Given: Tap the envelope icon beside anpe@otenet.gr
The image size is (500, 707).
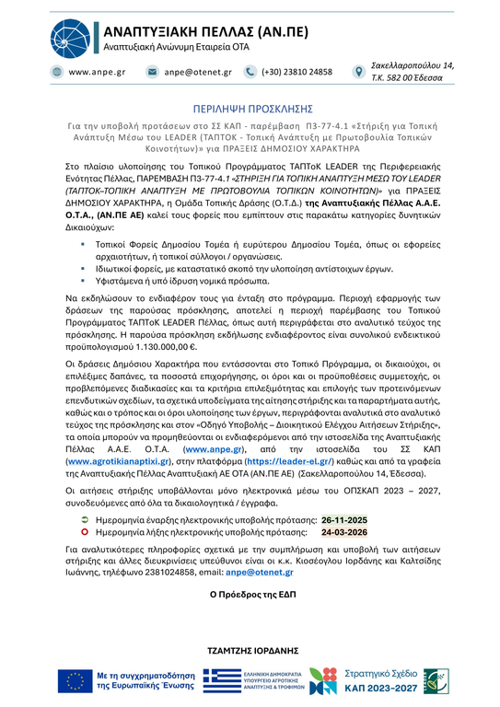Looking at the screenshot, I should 152,72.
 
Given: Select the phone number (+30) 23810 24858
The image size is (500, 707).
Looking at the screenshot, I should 297,72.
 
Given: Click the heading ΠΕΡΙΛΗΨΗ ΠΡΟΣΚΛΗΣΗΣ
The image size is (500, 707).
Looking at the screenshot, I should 250,107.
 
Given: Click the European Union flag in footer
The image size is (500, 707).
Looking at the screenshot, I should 75,681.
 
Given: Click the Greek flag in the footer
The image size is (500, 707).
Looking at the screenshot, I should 221,681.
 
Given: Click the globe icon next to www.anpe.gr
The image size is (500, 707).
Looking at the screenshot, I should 57,72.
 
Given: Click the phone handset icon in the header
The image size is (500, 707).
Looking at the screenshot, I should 250,72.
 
